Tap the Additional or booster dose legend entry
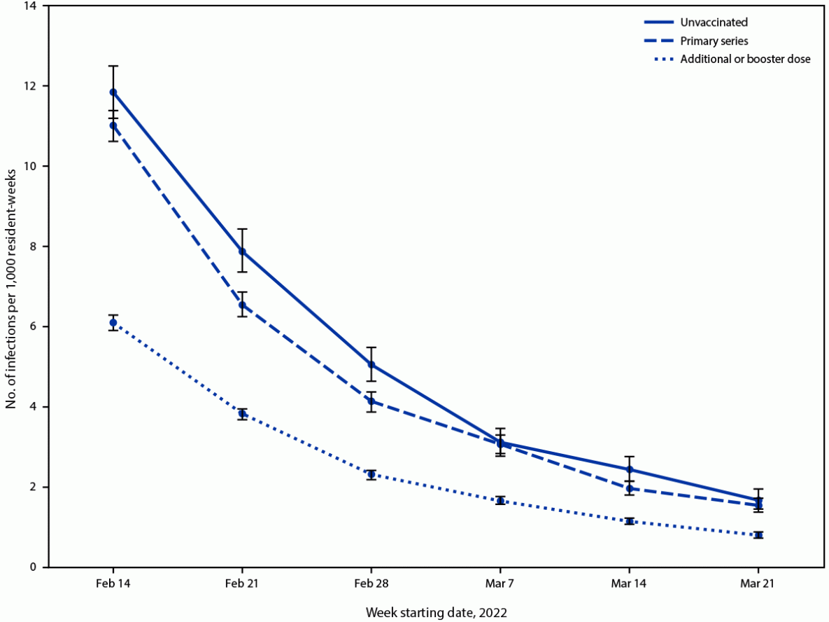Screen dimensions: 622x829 745,59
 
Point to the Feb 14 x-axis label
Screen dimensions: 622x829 113,583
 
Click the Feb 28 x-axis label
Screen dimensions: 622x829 371,583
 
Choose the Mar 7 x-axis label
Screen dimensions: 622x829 500,583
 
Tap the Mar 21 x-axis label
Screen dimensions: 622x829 758,583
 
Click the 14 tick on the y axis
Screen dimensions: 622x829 34,6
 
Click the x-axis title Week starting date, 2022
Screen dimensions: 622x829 436,611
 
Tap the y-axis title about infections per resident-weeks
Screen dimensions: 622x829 12,286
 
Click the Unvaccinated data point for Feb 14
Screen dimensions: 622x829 113,92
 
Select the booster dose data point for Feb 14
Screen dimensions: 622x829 113,322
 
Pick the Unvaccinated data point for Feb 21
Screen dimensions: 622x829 242,251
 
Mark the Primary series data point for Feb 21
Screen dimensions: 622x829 242,305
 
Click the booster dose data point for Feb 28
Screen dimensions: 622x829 371,474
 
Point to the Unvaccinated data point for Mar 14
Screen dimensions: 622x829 630,469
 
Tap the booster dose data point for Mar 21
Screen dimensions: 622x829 758,535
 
